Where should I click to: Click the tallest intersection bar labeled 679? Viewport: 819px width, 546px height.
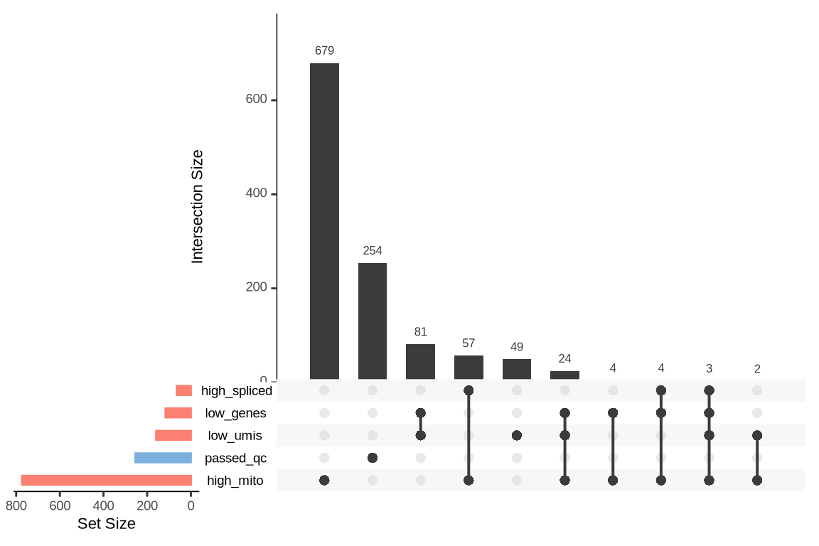[324, 220]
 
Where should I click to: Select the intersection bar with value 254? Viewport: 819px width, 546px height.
[373, 321]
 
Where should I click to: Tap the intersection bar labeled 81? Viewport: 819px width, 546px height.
[420, 361]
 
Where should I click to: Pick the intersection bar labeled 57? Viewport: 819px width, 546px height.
[469, 367]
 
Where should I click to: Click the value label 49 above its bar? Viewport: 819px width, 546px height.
[517, 347]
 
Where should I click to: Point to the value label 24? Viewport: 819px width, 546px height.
[564, 359]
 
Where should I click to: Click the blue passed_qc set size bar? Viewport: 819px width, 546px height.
[163, 458]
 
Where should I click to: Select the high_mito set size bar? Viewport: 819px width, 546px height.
[107, 481]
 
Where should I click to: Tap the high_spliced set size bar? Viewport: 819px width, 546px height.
[183, 390]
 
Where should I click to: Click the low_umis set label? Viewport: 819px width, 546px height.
[235, 436]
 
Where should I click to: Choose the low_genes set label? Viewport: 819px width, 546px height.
[235, 413]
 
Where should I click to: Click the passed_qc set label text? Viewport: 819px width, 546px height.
[235, 459]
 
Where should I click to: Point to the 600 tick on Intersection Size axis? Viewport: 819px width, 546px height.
[257, 100]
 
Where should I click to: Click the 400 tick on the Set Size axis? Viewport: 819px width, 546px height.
[104, 506]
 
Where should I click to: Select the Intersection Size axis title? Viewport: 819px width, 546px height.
[198, 206]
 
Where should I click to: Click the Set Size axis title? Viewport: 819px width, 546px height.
[106, 525]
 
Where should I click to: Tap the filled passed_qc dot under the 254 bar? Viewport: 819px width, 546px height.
[373, 458]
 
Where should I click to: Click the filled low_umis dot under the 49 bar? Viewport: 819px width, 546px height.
[517, 435]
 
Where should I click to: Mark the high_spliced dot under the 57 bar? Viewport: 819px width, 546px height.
[469, 390]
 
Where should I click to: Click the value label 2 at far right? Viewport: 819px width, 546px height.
[757, 369]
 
